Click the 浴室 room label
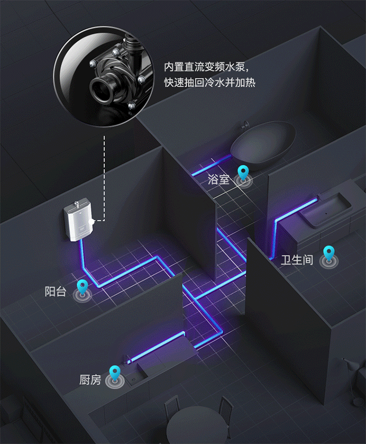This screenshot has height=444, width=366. [x=218, y=179]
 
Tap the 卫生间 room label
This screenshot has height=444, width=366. [x=297, y=259]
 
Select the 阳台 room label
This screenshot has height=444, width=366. [x=55, y=291]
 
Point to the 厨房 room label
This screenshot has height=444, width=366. [x=90, y=379]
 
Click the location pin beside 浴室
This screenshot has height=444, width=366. [x=243, y=174]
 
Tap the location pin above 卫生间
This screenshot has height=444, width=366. [x=329, y=253]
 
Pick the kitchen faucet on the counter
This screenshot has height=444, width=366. [x=127, y=360]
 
